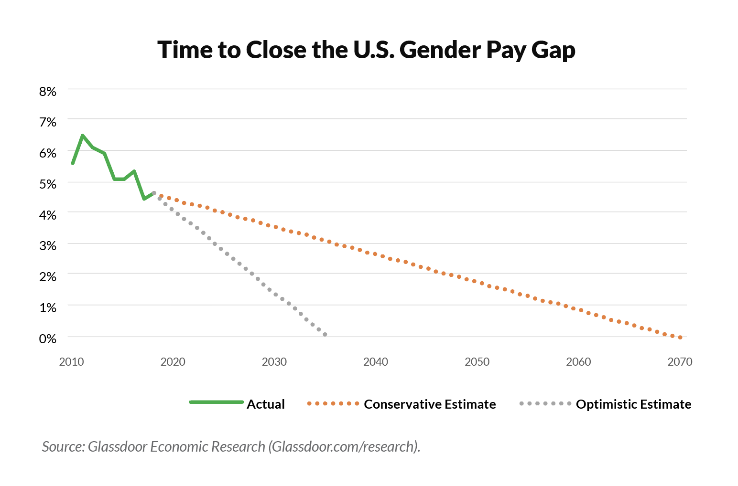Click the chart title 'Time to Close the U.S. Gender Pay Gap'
tap(366, 50)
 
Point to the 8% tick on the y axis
tap(48, 91)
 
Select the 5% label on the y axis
tap(48, 184)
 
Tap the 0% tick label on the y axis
tap(48, 338)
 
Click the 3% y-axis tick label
tap(48, 245)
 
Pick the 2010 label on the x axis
tap(72, 362)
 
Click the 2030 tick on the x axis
tap(274, 362)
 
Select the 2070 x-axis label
tap(680, 362)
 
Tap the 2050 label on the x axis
tap(477, 362)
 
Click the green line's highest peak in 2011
tap(83, 136)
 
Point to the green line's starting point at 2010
tap(73, 163)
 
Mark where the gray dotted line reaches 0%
tap(325, 335)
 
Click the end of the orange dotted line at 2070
tap(680, 337)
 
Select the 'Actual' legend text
tap(265, 404)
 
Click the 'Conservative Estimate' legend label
tap(430, 404)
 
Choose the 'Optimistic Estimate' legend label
tap(633, 404)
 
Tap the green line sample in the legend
tap(217, 402)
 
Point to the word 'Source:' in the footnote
tap(63, 446)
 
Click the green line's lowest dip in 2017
tap(144, 199)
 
